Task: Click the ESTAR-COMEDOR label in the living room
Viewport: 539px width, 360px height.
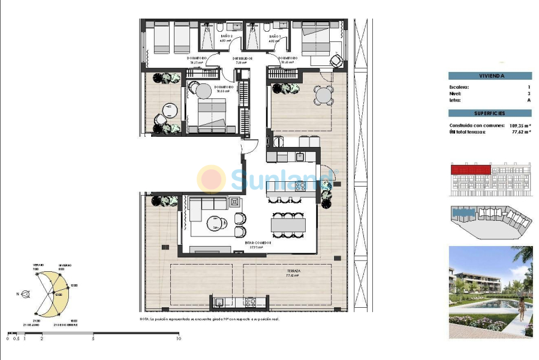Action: [x=258, y=243]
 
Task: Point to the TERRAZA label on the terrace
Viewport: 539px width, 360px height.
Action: [x=293, y=272]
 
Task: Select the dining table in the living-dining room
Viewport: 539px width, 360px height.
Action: [x=287, y=225]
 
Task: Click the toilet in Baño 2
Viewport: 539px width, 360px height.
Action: [x=220, y=28]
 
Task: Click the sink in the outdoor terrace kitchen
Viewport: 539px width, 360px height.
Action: [x=219, y=302]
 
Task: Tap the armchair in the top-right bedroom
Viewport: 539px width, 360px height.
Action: [x=337, y=61]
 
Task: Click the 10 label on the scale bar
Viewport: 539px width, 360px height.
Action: [x=178, y=339]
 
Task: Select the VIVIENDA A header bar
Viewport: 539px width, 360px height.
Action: [x=490, y=76]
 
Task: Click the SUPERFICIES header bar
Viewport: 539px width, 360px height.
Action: [x=490, y=113]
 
